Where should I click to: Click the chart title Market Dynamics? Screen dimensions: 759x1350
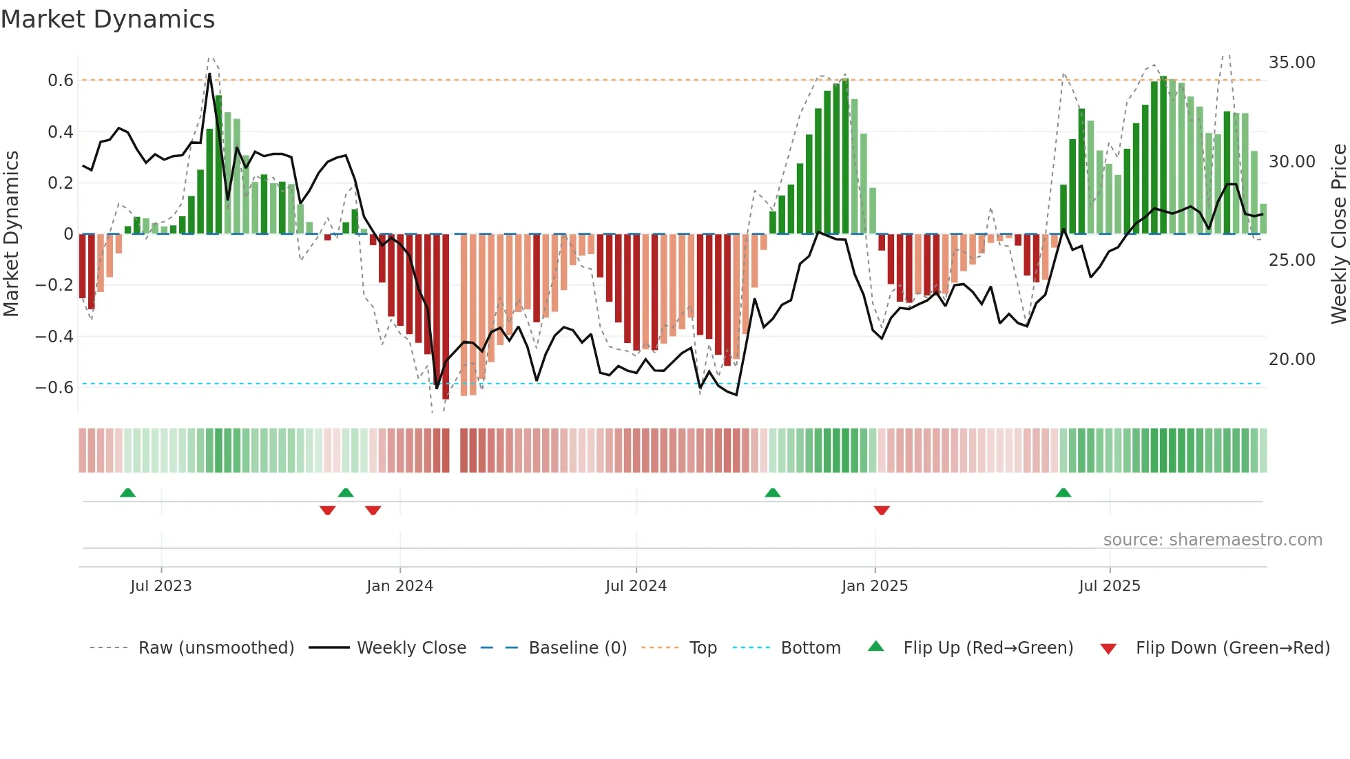click(x=108, y=19)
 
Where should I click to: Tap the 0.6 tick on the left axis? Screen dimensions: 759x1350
click(x=61, y=81)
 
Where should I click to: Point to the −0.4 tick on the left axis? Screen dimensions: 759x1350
click(x=54, y=337)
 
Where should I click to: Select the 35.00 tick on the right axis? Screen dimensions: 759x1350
click(x=1291, y=63)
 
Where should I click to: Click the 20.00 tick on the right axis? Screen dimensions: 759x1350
click(x=1291, y=360)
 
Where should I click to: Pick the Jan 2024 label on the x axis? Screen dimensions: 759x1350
click(x=399, y=586)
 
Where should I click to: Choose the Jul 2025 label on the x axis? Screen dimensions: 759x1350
click(x=1109, y=586)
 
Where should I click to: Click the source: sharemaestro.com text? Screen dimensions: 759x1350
click(x=1212, y=540)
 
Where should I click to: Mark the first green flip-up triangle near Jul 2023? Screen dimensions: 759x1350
click(x=127, y=492)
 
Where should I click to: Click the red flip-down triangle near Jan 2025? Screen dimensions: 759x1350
click(x=882, y=510)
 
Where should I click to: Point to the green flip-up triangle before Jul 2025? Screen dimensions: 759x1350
click(x=1063, y=492)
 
